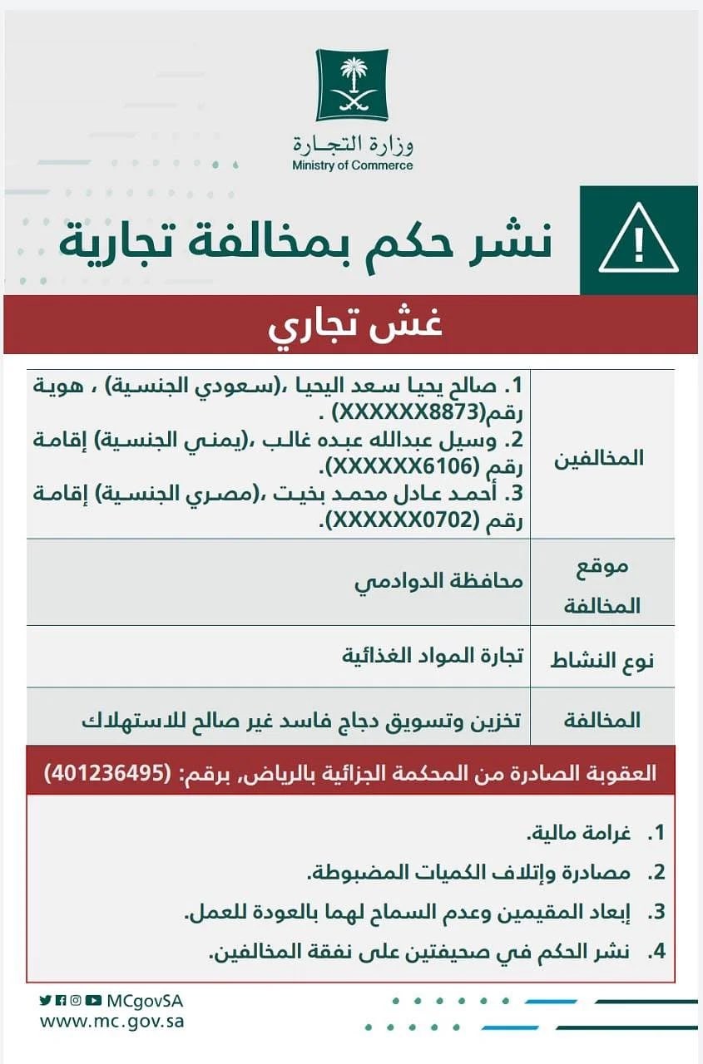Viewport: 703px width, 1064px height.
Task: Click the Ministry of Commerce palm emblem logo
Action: pyautogui.click(x=352, y=85)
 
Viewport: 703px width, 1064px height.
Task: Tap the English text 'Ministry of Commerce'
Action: pyautogui.click(x=352, y=165)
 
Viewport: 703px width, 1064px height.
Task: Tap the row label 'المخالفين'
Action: pyautogui.click(x=603, y=458)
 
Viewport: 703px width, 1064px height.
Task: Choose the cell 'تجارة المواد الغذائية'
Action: pyautogui.click(x=433, y=654)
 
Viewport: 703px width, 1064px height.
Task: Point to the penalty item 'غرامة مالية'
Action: pyautogui.click(x=574, y=832)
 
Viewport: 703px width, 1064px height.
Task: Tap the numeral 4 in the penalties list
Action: pyautogui.click(x=659, y=951)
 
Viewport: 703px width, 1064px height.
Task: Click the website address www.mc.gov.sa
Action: pyautogui.click(x=111, y=1022)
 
